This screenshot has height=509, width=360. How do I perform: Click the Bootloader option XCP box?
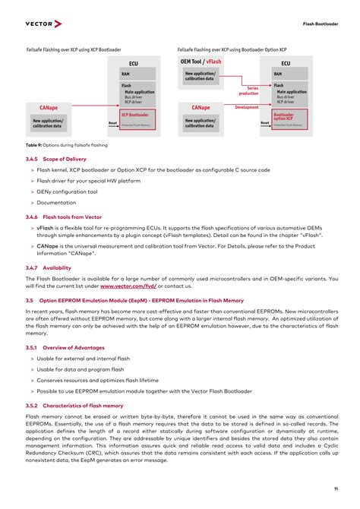(289, 117)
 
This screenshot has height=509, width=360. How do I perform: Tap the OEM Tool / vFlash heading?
(201, 61)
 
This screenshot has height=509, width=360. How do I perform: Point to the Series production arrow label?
(248, 90)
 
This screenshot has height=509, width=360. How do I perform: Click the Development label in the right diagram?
(247, 107)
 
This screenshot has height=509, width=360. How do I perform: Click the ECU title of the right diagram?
(286, 64)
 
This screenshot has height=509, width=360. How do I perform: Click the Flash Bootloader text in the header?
(320, 24)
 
